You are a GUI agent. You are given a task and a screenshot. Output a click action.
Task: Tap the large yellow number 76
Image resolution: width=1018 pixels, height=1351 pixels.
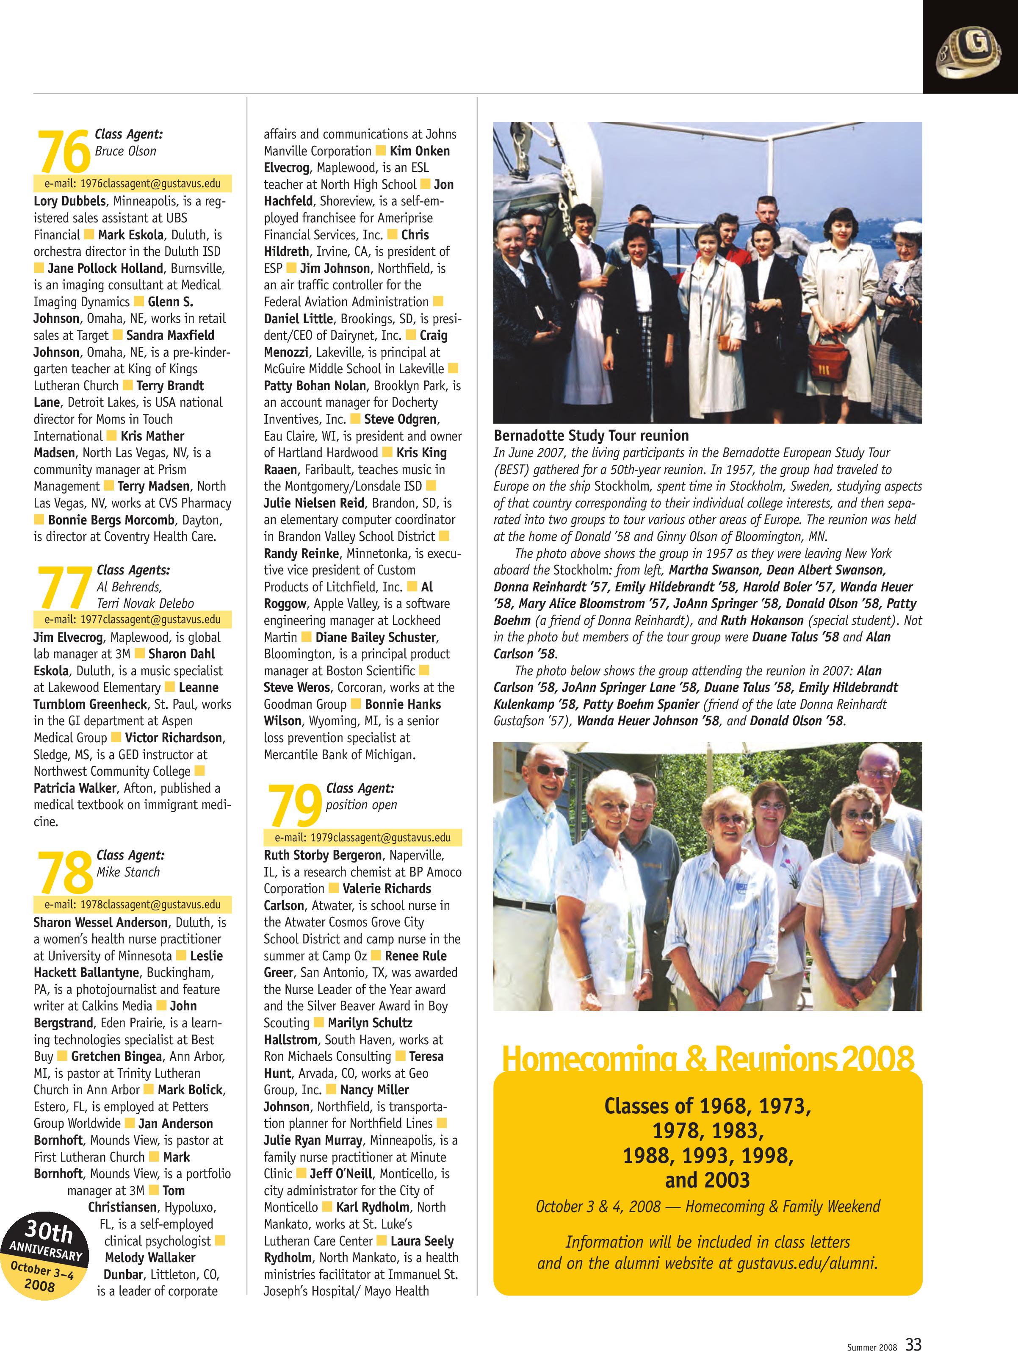pyautogui.click(x=64, y=152)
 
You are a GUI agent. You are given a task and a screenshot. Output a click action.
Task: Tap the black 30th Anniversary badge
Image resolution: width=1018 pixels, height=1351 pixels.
pyautogui.click(x=44, y=1256)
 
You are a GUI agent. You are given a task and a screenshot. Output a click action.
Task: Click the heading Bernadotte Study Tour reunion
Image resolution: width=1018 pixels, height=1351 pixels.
pyautogui.click(x=591, y=436)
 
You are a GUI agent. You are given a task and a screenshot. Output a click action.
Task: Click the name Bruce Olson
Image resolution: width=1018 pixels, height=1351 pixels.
pyautogui.click(x=125, y=151)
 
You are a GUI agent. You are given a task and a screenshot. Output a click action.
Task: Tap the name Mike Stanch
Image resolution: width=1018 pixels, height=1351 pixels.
pyautogui.click(x=128, y=872)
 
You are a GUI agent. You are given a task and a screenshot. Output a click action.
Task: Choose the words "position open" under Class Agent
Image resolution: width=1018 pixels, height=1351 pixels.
pyautogui.click(x=361, y=805)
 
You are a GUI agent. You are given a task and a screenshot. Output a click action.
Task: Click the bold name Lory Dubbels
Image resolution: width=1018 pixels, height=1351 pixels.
pyautogui.click(x=69, y=201)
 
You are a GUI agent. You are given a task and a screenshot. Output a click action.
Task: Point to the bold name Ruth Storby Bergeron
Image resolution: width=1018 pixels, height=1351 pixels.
pyautogui.click(x=322, y=855)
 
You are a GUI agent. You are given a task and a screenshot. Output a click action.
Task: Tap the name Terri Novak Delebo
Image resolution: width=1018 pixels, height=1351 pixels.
pyautogui.click(x=145, y=603)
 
